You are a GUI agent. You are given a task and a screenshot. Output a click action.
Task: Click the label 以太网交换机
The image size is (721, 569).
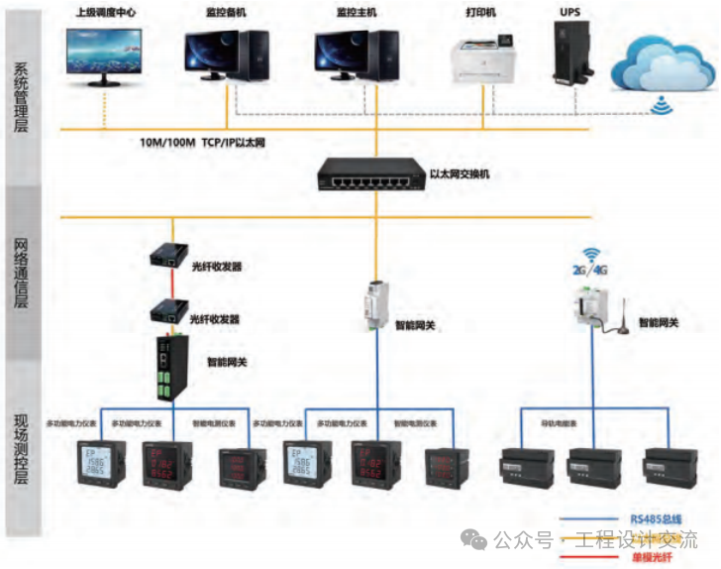click(x=460, y=174)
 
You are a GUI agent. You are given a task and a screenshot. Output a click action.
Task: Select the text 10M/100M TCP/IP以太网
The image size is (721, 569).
click(x=203, y=143)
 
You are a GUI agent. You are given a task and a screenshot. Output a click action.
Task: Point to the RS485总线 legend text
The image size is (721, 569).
click(x=655, y=518)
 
